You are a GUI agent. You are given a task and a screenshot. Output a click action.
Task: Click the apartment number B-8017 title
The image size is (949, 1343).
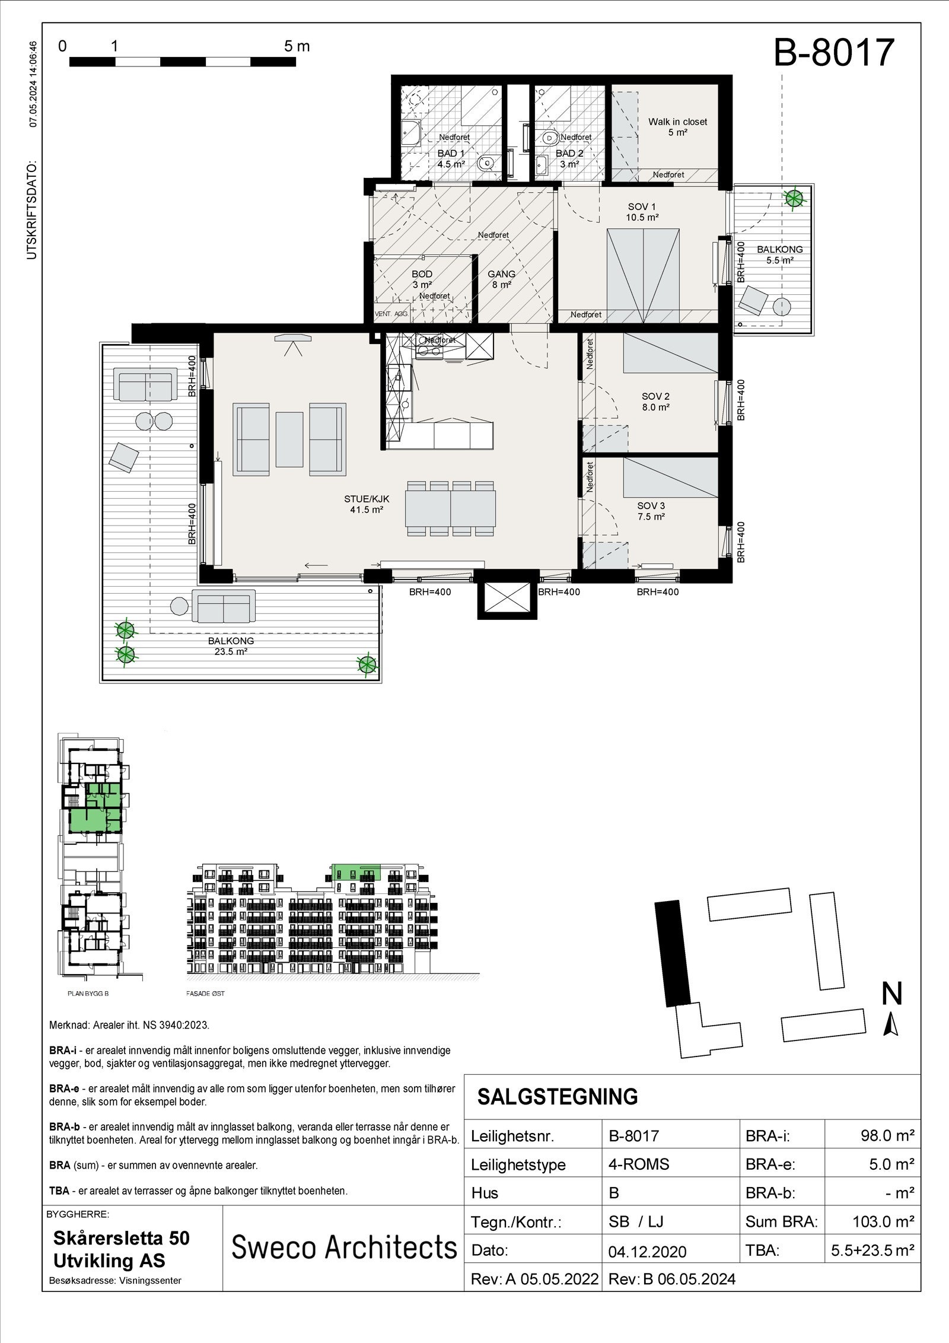[833, 52]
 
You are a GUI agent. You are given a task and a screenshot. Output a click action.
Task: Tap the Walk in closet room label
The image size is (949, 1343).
[677, 127]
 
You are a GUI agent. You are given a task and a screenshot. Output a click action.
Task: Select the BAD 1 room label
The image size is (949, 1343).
[450, 158]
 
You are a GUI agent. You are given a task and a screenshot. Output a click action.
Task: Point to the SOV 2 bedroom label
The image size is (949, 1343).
[655, 402]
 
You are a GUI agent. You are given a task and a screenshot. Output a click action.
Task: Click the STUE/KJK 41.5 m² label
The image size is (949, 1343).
[366, 504]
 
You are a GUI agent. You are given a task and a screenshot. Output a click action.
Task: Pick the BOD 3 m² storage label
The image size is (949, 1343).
[422, 279]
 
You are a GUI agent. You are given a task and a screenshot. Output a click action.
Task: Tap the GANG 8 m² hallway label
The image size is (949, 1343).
[501, 279]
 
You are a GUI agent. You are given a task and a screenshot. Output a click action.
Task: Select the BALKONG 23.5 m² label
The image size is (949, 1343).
[231, 646]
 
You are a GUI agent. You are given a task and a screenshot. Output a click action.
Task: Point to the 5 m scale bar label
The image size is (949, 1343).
[297, 46]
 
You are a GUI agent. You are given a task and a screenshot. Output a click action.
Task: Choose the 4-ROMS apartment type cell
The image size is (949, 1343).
[638, 1164]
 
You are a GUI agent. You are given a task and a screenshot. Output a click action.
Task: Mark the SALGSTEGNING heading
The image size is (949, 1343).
[558, 1097]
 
